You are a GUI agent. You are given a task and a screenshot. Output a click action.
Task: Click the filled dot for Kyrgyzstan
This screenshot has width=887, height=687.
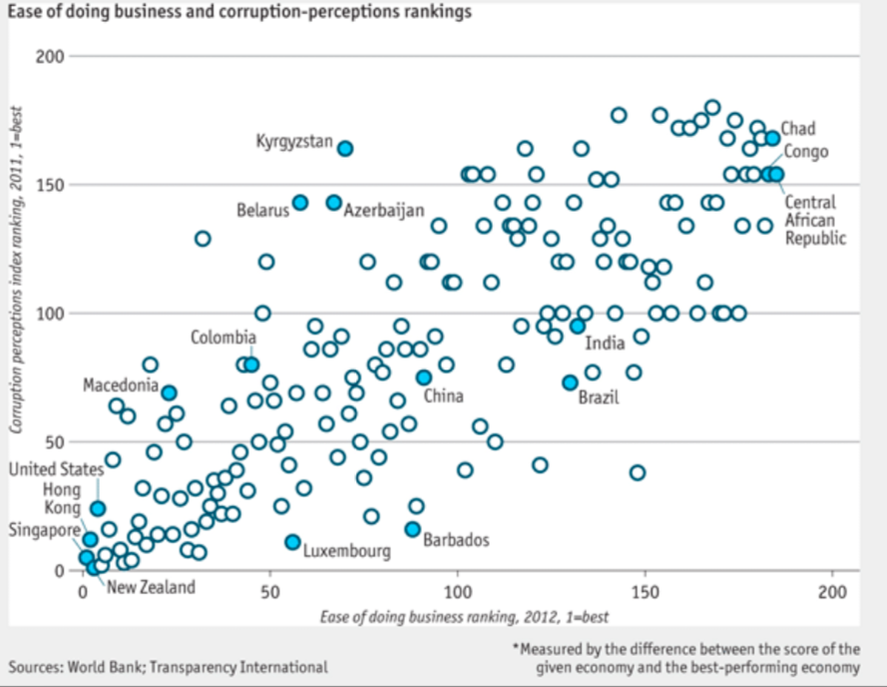point(345,149)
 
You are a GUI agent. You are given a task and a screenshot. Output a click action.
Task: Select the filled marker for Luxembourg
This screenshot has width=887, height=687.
point(292,542)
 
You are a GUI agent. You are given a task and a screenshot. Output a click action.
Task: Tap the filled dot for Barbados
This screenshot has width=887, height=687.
point(412,529)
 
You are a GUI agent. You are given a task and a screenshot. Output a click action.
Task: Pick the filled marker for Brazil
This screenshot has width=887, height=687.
point(570,382)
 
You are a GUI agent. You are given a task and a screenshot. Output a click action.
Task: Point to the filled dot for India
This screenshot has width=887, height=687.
point(577,326)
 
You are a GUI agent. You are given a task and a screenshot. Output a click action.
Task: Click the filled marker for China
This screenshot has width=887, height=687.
point(423,377)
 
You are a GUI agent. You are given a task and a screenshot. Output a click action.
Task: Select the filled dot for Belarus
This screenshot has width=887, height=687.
point(300,203)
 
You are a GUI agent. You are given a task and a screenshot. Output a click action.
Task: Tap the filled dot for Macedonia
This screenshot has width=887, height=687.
point(170,392)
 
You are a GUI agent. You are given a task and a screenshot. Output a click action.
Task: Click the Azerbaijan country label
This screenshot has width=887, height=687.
point(384,211)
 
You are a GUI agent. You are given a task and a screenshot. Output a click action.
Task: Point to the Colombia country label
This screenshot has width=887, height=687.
point(223,338)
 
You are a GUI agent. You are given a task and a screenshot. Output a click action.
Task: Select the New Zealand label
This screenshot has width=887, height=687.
point(151,587)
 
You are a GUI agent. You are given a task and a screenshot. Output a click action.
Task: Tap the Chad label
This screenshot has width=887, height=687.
point(797,129)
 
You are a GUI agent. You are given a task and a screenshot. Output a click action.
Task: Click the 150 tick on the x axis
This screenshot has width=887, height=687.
point(646,592)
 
